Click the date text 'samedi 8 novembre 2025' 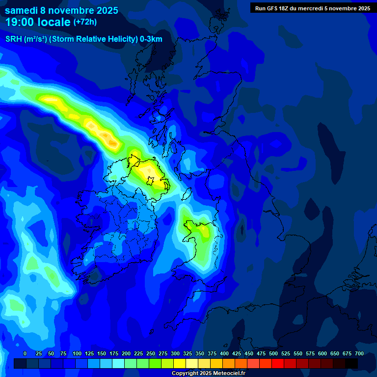point(61,10)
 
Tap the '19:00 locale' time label point(38,22)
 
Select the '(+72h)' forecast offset point(85,22)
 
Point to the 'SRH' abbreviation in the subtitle point(14,39)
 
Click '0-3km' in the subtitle point(151,39)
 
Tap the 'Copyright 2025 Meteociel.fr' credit point(208,373)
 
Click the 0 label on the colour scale point(25,353)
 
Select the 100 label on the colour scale point(77,353)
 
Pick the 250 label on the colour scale point(151,353)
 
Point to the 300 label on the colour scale point(175,353)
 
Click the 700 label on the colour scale point(359,353)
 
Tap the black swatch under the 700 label point(351,363)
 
